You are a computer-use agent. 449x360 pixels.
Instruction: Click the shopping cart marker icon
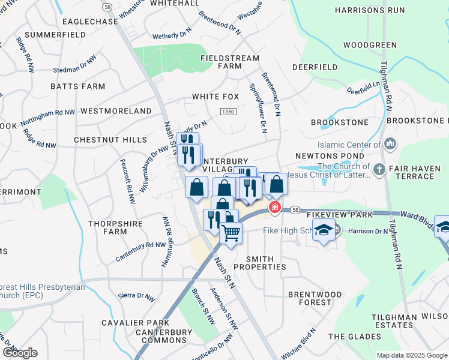231,232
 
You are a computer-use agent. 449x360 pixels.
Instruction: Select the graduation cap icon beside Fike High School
324,230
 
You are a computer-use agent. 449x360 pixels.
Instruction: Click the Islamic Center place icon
391,144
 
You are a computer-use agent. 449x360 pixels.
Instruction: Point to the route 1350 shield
228,112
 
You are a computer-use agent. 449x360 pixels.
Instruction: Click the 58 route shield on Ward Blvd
295,210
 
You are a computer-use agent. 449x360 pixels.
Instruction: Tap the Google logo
20,353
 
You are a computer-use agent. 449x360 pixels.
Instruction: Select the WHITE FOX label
215,97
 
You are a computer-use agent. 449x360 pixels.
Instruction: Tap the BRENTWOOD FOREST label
318,298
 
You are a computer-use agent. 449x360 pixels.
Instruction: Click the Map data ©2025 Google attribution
411,355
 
